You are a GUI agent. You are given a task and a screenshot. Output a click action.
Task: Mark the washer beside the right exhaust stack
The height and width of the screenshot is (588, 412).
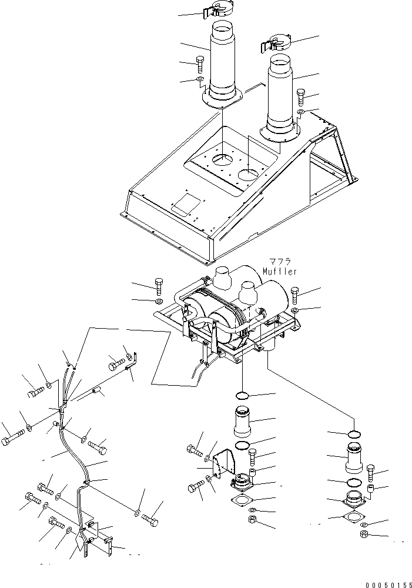(300, 111)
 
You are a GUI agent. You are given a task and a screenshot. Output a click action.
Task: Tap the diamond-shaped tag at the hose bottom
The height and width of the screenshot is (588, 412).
(79, 543)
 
